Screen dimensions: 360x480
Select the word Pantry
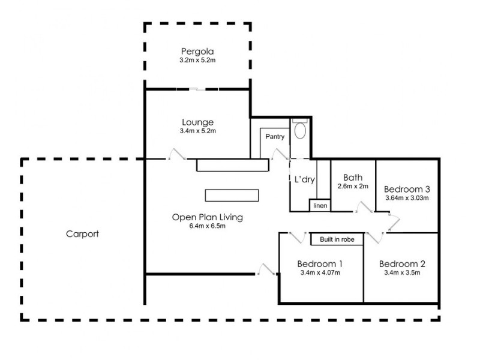(x=275, y=137)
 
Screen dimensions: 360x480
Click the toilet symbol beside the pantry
(x=299, y=130)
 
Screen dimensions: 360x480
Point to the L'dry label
(x=304, y=179)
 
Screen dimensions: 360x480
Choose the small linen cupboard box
(x=319, y=206)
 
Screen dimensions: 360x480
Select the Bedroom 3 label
(x=406, y=187)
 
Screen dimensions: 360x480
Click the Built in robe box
(x=337, y=239)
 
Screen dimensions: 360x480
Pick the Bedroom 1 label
(x=320, y=263)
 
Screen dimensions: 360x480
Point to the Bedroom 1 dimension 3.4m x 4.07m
(x=320, y=273)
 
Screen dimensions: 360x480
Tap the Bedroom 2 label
(x=401, y=263)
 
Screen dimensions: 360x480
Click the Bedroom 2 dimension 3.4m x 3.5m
(x=401, y=273)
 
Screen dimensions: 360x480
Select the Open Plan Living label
(x=207, y=217)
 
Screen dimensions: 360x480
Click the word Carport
(x=82, y=234)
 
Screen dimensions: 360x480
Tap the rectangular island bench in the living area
(x=232, y=195)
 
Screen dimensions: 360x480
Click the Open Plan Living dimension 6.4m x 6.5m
(x=207, y=227)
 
